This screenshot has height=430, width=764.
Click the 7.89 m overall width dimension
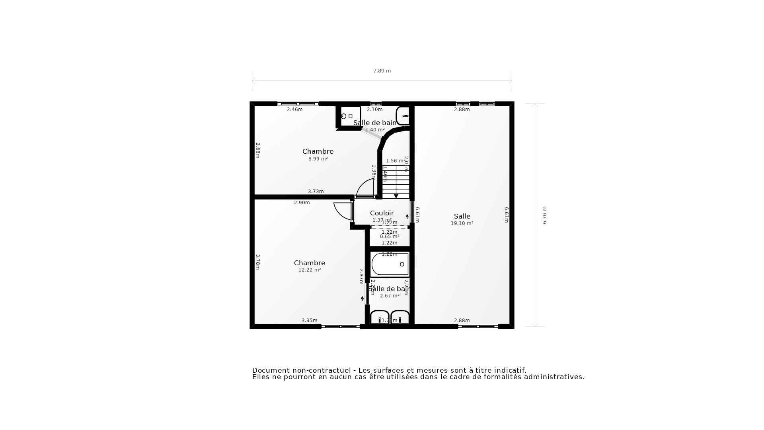coord(382,71)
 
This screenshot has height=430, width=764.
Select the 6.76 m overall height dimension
coord(545,215)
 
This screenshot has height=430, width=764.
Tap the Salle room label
coord(462,216)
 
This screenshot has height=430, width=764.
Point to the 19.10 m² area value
coord(462,223)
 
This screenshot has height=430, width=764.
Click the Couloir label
coord(382,213)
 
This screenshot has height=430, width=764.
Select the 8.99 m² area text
coord(318,159)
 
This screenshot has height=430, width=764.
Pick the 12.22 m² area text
coord(310,270)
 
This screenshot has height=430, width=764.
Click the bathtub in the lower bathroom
coord(390,264)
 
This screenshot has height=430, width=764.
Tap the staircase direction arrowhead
coord(396,196)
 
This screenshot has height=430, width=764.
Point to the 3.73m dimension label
coord(316,192)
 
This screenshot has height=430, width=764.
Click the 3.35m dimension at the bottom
coord(309,321)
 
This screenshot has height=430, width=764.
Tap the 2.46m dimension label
coord(294,109)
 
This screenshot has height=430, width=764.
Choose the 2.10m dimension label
coord(374,109)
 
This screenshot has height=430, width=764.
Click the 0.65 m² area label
coord(389,236)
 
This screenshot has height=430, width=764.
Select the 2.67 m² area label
coord(389,296)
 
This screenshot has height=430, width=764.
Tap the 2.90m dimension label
coord(302,203)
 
